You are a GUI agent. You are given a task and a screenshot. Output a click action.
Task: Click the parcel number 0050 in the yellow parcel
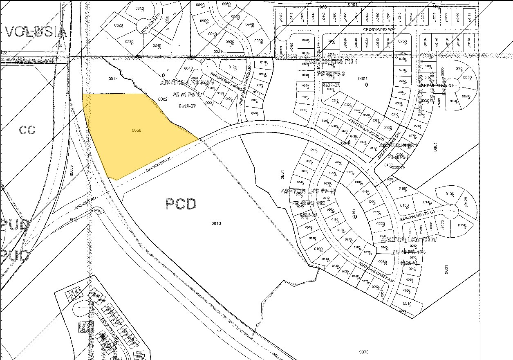click(137, 130)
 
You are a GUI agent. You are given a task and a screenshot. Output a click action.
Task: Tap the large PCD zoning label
click(181, 204)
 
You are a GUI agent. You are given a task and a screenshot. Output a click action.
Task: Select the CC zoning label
click(27, 130)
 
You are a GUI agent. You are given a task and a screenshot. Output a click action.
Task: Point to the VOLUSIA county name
click(35, 32)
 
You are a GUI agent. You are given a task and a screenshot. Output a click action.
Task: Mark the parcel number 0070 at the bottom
click(363, 352)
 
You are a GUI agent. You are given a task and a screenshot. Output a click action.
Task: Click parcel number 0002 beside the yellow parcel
click(163, 99)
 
